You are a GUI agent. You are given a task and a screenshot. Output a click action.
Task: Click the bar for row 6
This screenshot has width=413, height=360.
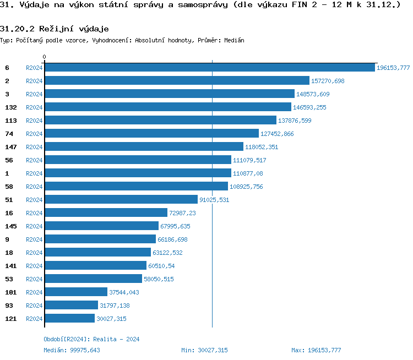click(x=209, y=68)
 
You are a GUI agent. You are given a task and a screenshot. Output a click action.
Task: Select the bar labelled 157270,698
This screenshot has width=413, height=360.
click(x=177, y=81)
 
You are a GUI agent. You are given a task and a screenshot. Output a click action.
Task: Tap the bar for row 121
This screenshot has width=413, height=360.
click(x=69, y=319)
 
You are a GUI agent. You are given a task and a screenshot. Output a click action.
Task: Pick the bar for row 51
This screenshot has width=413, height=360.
click(x=121, y=200)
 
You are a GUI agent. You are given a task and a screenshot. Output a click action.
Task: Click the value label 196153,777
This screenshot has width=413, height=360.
click(x=393, y=68)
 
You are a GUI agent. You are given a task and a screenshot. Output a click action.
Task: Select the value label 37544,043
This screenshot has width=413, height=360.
click(x=124, y=292)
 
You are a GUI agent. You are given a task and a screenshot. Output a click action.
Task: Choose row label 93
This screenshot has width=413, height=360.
click(x=9, y=306)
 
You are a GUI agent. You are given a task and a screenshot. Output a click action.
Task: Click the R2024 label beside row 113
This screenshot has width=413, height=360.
click(x=34, y=121)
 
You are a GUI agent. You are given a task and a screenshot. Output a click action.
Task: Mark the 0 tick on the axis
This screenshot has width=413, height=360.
click(x=45, y=57)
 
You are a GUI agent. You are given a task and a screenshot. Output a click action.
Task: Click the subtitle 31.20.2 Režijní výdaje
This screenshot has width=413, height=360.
click(x=54, y=29)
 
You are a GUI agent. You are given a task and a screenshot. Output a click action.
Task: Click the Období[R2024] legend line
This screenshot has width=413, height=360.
click(x=91, y=339)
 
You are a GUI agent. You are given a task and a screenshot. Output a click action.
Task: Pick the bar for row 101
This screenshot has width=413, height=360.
click(x=76, y=292)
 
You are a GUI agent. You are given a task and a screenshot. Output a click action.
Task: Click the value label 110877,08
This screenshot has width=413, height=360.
click(x=248, y=173)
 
